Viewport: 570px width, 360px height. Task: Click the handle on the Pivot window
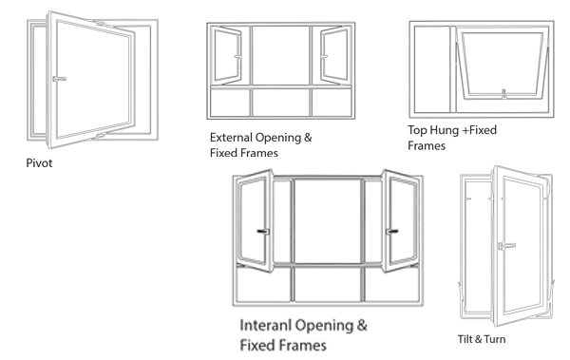point(59,79)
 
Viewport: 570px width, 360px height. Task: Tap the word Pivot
point(39,163)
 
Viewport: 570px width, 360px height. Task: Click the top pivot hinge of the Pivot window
point(100,24)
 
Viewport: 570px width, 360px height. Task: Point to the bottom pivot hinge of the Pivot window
point(99,136)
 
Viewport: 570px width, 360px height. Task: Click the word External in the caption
point(231,138)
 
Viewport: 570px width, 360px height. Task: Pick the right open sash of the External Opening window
point(334,55)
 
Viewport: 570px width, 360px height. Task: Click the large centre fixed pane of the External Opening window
point(280,55)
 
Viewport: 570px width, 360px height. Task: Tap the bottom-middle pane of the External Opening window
point(280,103)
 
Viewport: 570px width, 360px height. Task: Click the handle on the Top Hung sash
point(503,94)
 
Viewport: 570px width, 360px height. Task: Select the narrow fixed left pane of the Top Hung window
point(432,69)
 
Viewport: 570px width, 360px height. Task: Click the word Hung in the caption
point(447,130)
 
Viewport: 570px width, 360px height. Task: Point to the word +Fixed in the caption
point(480,130)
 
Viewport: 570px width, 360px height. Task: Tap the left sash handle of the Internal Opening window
point(263,231)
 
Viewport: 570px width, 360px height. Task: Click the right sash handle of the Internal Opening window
point(391,231)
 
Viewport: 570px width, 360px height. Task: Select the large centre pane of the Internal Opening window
point(328,220)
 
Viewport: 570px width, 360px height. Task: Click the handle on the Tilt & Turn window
point(506,246)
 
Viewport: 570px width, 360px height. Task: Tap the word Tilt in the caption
point(465,339)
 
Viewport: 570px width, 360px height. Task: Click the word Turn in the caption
point(495,339)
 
